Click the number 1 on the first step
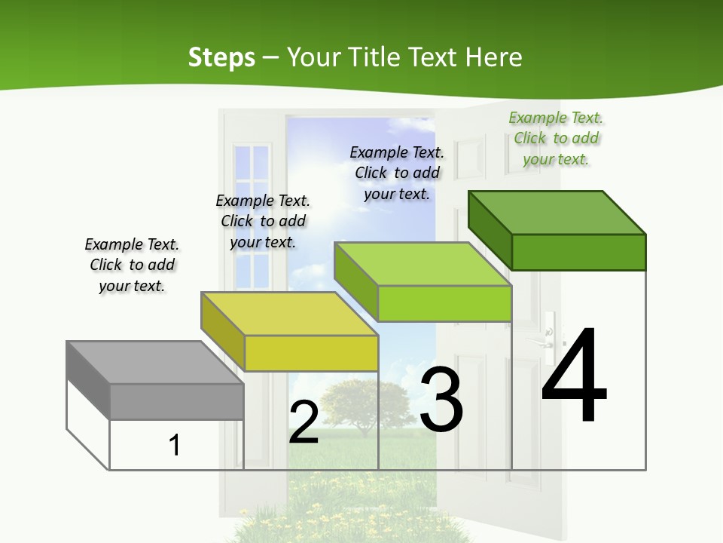175,445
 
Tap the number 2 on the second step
304,422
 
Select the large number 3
441,400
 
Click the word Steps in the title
221,57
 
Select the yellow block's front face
311,353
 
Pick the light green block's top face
423,265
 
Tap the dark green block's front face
578,252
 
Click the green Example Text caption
557,139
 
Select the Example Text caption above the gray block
132,265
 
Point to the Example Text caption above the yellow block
263,221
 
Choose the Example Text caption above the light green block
397,173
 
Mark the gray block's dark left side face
87,379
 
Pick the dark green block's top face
557,213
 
